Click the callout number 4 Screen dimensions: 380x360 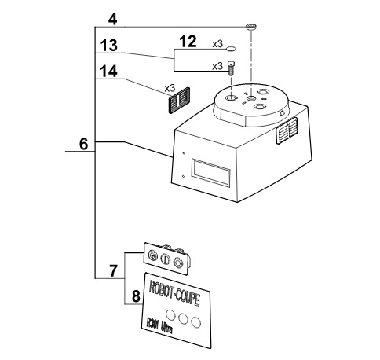112,20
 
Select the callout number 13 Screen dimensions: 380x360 109,46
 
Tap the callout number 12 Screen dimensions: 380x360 188,42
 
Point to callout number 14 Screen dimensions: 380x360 109,72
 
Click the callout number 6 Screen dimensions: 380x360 84,144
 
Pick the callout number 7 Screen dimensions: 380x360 113,271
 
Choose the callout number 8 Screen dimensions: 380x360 136,296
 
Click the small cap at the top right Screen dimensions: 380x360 251,27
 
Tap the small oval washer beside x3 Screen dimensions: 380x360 231,49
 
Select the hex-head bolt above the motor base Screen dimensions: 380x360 231,68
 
